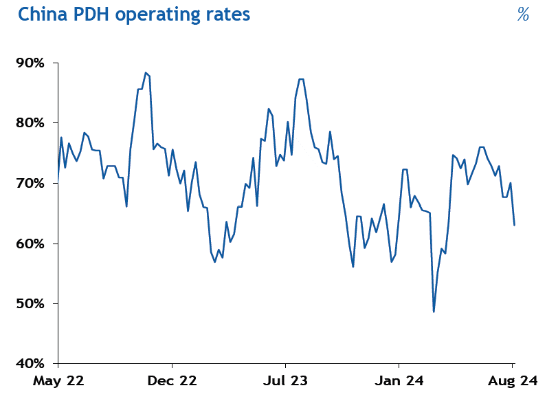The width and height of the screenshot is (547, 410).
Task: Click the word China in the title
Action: (41, 14)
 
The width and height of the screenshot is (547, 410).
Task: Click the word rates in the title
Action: (226, 14)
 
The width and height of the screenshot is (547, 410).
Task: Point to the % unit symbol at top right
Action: (523, 14)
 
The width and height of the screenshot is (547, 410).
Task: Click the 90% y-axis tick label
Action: (30, 63)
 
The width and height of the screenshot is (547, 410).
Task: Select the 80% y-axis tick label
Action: (30, 123)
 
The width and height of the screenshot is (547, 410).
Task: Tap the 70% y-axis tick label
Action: (30, 184)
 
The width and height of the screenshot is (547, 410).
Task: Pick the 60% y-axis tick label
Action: (30, 244)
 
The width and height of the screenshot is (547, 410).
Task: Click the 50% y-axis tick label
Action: (30, 304)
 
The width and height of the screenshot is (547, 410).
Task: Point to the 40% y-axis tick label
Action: (30, 364)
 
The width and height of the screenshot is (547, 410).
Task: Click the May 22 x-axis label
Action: (58, 380)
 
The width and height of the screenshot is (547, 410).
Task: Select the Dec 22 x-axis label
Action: (172, 380)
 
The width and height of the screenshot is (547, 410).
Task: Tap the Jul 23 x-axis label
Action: (285, 380)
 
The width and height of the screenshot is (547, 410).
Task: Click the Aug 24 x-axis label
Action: (511, 380)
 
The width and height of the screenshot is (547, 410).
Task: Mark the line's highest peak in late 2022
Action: (146, 72)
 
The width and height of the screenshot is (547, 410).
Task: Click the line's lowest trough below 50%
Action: (434, 312)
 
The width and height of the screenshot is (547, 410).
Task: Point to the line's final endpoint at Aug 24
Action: (514, 225)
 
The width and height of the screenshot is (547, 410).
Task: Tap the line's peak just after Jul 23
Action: (302, 79)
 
